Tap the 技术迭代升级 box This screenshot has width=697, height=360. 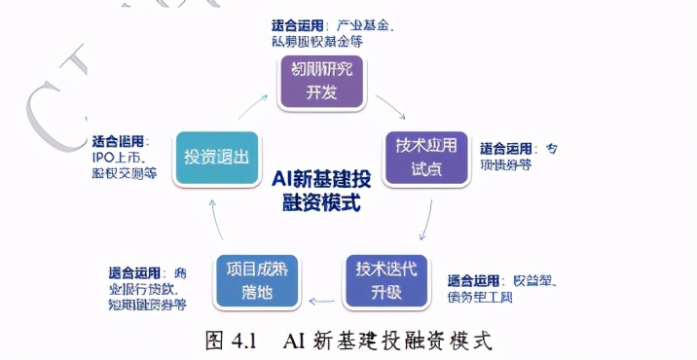click(385, 280)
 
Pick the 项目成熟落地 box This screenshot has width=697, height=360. click(256, 280)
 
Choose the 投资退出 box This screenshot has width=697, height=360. click(216, 158)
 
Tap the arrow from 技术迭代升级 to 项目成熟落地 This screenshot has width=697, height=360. click(320, 297)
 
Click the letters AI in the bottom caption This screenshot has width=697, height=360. click(295, 341)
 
